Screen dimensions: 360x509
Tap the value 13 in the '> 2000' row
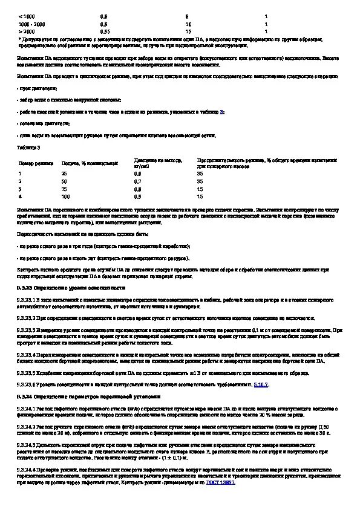189,30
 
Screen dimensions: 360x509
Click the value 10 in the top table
189,22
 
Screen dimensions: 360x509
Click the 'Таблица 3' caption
29,147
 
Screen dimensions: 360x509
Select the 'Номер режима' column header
33,163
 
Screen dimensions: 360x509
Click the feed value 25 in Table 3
65,173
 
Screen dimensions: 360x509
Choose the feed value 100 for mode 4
66,196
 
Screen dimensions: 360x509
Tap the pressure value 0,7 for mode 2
137,181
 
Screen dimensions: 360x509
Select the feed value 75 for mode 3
65,189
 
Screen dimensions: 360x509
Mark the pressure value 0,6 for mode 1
137,173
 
